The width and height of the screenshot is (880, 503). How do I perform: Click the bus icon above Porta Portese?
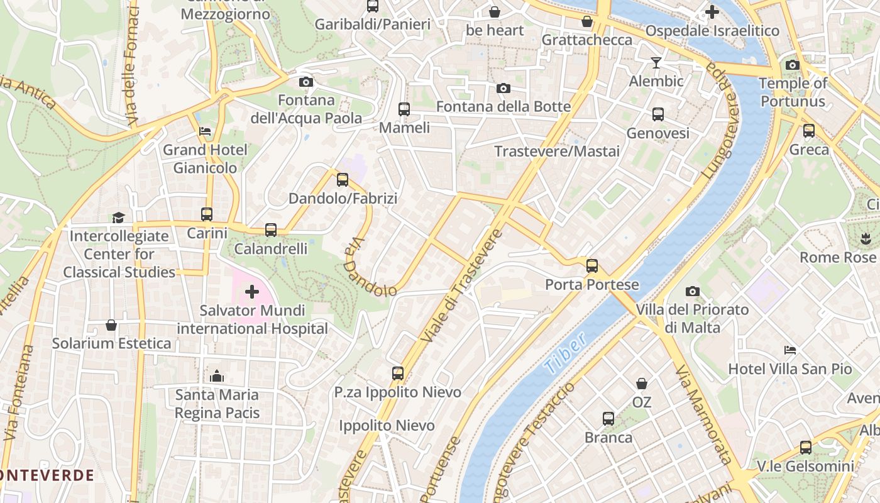591,265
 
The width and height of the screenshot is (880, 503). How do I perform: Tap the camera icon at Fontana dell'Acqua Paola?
306,82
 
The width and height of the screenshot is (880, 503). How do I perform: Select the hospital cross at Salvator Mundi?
252,292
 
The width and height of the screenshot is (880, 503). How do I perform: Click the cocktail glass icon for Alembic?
656,62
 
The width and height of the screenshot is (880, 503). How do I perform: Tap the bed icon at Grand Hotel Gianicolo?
205,131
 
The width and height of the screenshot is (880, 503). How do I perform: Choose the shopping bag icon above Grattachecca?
587,22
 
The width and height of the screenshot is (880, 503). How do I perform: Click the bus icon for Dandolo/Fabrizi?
343,180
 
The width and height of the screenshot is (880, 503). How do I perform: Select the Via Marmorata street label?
704,415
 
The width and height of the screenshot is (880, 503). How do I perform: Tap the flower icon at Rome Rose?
865,238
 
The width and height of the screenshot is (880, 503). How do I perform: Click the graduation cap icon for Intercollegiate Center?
118,218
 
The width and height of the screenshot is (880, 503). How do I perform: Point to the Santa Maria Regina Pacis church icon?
217,376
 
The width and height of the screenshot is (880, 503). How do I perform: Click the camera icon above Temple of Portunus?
792,65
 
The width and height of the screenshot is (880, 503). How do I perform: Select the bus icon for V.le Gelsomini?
806,448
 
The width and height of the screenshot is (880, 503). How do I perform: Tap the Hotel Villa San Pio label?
789,369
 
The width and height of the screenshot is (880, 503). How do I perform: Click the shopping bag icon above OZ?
642,383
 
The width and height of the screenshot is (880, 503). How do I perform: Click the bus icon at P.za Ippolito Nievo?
397,373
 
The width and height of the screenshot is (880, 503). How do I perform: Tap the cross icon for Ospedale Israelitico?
712,12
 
